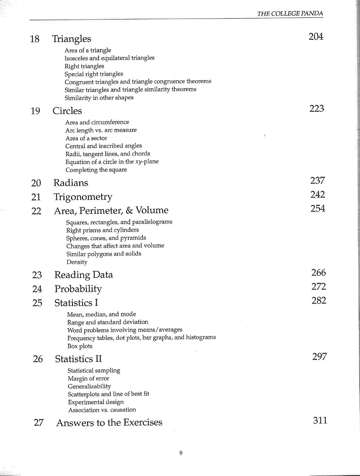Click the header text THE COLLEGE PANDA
(x=290, y=14)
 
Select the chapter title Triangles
(x=71, y=39)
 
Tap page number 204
(x=316, y=37)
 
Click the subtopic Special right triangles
(x=94, y=74)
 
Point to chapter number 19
(x=35, y=111)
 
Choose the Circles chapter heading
(x=67, y=111)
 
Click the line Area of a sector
(x=86, y=138)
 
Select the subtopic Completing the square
(x=96, y=170)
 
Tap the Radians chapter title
(x=70, y=183)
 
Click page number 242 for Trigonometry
(x=317, y=195)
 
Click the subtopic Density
(x=77, y=262)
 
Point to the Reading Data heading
(x=84, y=275)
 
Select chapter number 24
(x=37, y=289)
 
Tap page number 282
(x=319, y=301)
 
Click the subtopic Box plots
(x=80, y=346)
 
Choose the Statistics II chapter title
(x=78, y=359)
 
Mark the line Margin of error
(x=88, y=379)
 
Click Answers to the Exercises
(x=109, y=423)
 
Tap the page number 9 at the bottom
(x=181, y=454)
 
